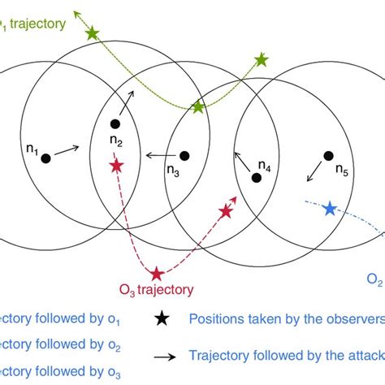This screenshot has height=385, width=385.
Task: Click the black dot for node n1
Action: [46, 158]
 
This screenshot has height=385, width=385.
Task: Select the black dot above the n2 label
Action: [115, 124]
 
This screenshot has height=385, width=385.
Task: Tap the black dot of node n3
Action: [184, 156]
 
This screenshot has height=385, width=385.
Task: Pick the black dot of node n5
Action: [328, 155]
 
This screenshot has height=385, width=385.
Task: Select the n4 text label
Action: [265, 166]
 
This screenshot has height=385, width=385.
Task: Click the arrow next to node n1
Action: [67, 149]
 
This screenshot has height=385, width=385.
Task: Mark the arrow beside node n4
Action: [238, 157]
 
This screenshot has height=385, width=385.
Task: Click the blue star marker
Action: [329, 209]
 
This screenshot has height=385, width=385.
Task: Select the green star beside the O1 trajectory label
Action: [92, 33]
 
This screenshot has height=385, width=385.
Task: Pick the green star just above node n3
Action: [197, 107]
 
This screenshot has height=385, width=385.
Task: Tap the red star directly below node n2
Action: [118, 166]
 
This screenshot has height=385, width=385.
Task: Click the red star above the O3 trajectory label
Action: [157, 273]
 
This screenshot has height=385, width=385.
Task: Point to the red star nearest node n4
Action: [226, 212]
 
